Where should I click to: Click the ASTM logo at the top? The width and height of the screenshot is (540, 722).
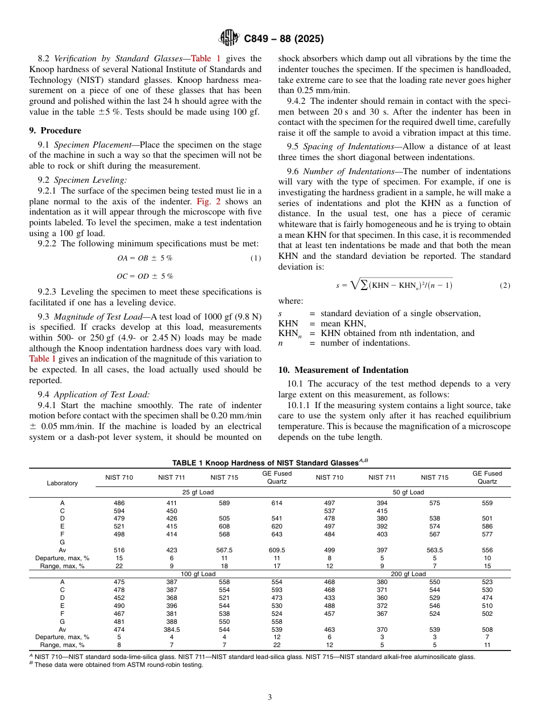tap(229, 39)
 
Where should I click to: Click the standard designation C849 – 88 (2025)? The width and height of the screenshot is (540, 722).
tap(284, 39)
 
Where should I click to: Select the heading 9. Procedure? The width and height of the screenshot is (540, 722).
tap(55, 131)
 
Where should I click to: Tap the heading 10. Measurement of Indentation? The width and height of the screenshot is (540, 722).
tap(343, 370)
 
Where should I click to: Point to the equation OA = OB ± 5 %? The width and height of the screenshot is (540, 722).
tap(144, 258)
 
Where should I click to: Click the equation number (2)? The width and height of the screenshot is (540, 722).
tap(505, 286)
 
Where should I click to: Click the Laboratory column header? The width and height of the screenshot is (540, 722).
tap(62, 483)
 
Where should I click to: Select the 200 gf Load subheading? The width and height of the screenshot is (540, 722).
tap(408, 574)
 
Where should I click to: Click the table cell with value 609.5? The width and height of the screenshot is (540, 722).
tap(277, 550)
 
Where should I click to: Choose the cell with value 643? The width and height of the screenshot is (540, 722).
tap(277, 534)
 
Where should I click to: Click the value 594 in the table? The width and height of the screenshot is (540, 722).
tap(119, 511)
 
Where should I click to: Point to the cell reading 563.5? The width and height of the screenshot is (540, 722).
tap(435, 550)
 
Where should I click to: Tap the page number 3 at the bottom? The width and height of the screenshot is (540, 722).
tap(270, 697)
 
